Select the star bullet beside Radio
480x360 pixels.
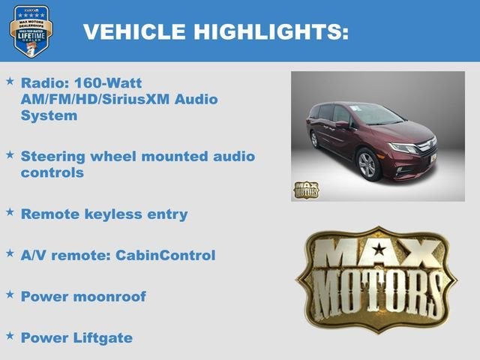tap(10, 79)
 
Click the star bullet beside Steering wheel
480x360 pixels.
tap(10, 154)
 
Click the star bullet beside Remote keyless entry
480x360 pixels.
tap(10, 212)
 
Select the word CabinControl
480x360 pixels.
tap(165, 255)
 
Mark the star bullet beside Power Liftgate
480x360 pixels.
tap(10, 334)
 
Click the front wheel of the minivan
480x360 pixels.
tap(368, 164)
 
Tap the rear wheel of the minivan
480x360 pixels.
tap(315, 139)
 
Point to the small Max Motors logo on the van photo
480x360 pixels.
tap(305, 190)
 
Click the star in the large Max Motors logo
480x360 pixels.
tap(379, 249)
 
